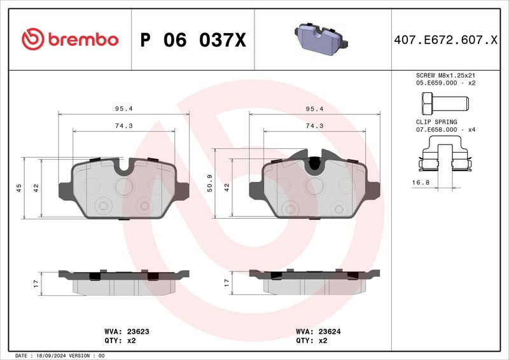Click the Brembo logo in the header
click(x=70, y=39)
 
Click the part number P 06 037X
click(x=193, y=40)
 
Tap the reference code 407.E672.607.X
click(x=445, y=39)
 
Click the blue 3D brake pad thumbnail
click(x=321, y=39)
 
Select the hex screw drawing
click(x=445, y=104)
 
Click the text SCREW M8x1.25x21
click(x=445, y=75)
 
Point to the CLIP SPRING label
click(x=436, y=122)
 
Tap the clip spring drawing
click(x=445, y=153)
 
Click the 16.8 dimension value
click(x=421, y=183)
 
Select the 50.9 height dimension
click(x=210, y=183)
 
